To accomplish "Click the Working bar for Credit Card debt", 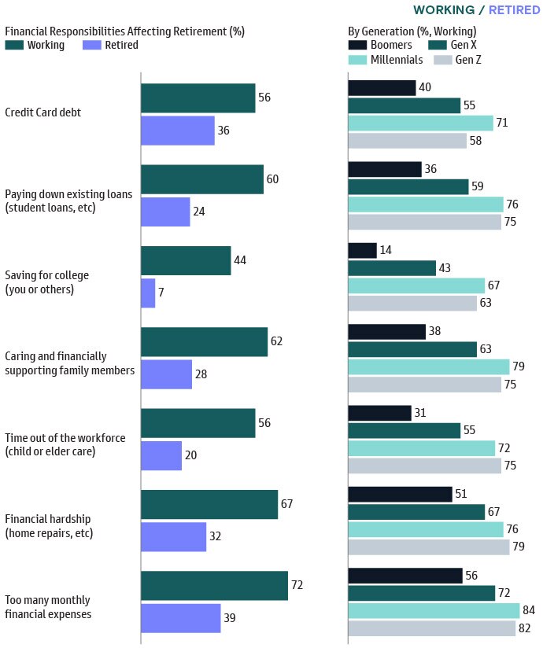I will click(198, 98).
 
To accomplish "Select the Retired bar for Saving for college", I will click(148, 293).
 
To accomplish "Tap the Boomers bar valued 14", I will click(362, 250).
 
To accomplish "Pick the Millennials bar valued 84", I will click(434, 610).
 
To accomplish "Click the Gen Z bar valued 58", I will click(407, 141).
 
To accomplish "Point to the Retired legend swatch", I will click(91, 45).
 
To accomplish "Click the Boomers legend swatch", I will click(358, 45).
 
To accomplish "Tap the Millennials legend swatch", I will click(358, 60).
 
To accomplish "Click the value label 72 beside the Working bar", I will click(297, 585).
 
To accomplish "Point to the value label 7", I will click(163, 293).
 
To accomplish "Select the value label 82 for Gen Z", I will click(525, 628).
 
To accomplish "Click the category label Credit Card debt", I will click(43, 112).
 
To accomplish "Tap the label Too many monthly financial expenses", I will click(48, 606).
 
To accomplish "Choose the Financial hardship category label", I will click(49, 525).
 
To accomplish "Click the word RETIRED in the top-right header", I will click(513, 10).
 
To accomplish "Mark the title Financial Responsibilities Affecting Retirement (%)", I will click(125, 31).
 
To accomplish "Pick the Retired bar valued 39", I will click(180, 618).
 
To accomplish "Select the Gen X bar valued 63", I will click(412, 349).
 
